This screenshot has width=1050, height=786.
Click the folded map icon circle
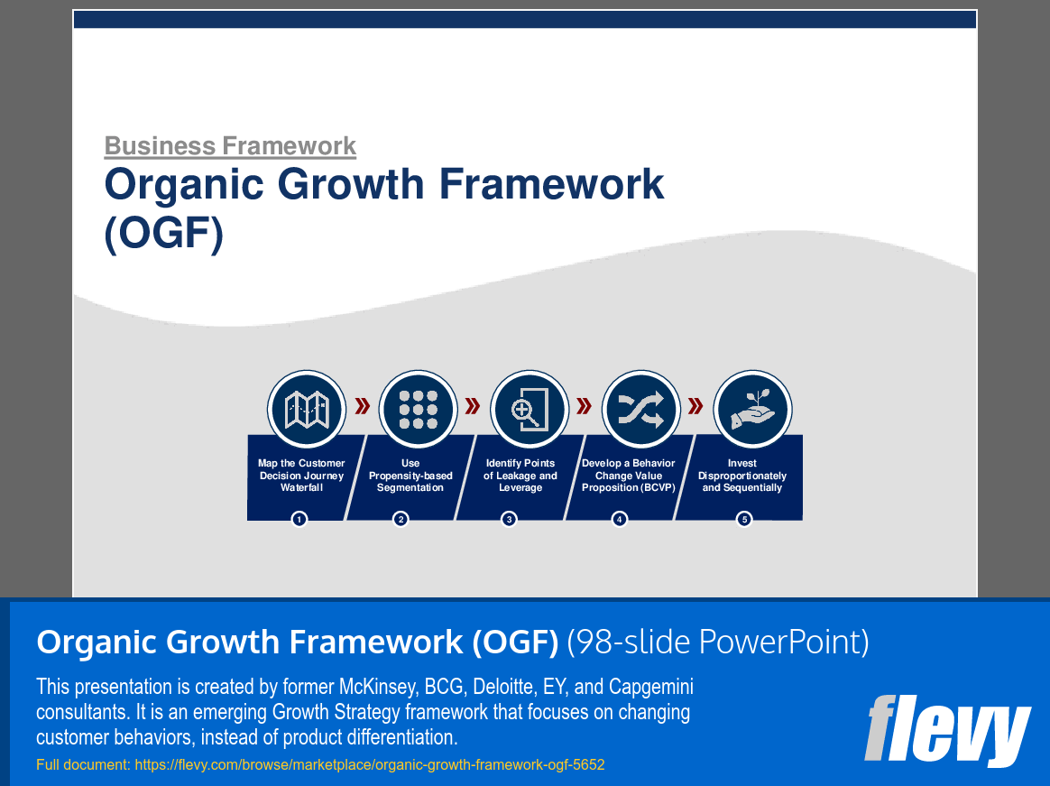tap(307, 410)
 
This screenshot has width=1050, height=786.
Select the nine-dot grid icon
tap(418, 410)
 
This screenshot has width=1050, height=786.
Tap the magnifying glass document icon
tap(530, 410)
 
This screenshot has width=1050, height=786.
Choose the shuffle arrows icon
tap(640, 410)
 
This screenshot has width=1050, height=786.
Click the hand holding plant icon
tap(752, 410)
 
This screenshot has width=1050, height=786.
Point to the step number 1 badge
tap(299, 519)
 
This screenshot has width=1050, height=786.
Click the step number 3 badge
tap(509, 519)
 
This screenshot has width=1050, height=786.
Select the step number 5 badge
tap(744, 519)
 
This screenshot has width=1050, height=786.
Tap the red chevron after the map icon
tap(363, 406)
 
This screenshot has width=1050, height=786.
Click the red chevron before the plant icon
tap(695, 406)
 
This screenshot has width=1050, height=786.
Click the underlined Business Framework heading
tap(230, 146)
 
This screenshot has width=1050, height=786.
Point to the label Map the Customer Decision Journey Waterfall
tap(301, 475)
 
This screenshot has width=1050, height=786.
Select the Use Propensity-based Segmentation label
tap(410, 475)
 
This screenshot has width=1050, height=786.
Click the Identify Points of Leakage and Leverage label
tap(520, 475)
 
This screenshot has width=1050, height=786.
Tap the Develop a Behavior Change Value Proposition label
tap(628, 475)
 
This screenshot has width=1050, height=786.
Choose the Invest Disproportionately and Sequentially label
tap(742, 475)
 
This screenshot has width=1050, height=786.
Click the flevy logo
tap(947, 730)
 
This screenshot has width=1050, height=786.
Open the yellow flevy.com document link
tap(370, 764)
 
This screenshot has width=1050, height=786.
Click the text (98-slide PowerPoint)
tap(718, 642)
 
